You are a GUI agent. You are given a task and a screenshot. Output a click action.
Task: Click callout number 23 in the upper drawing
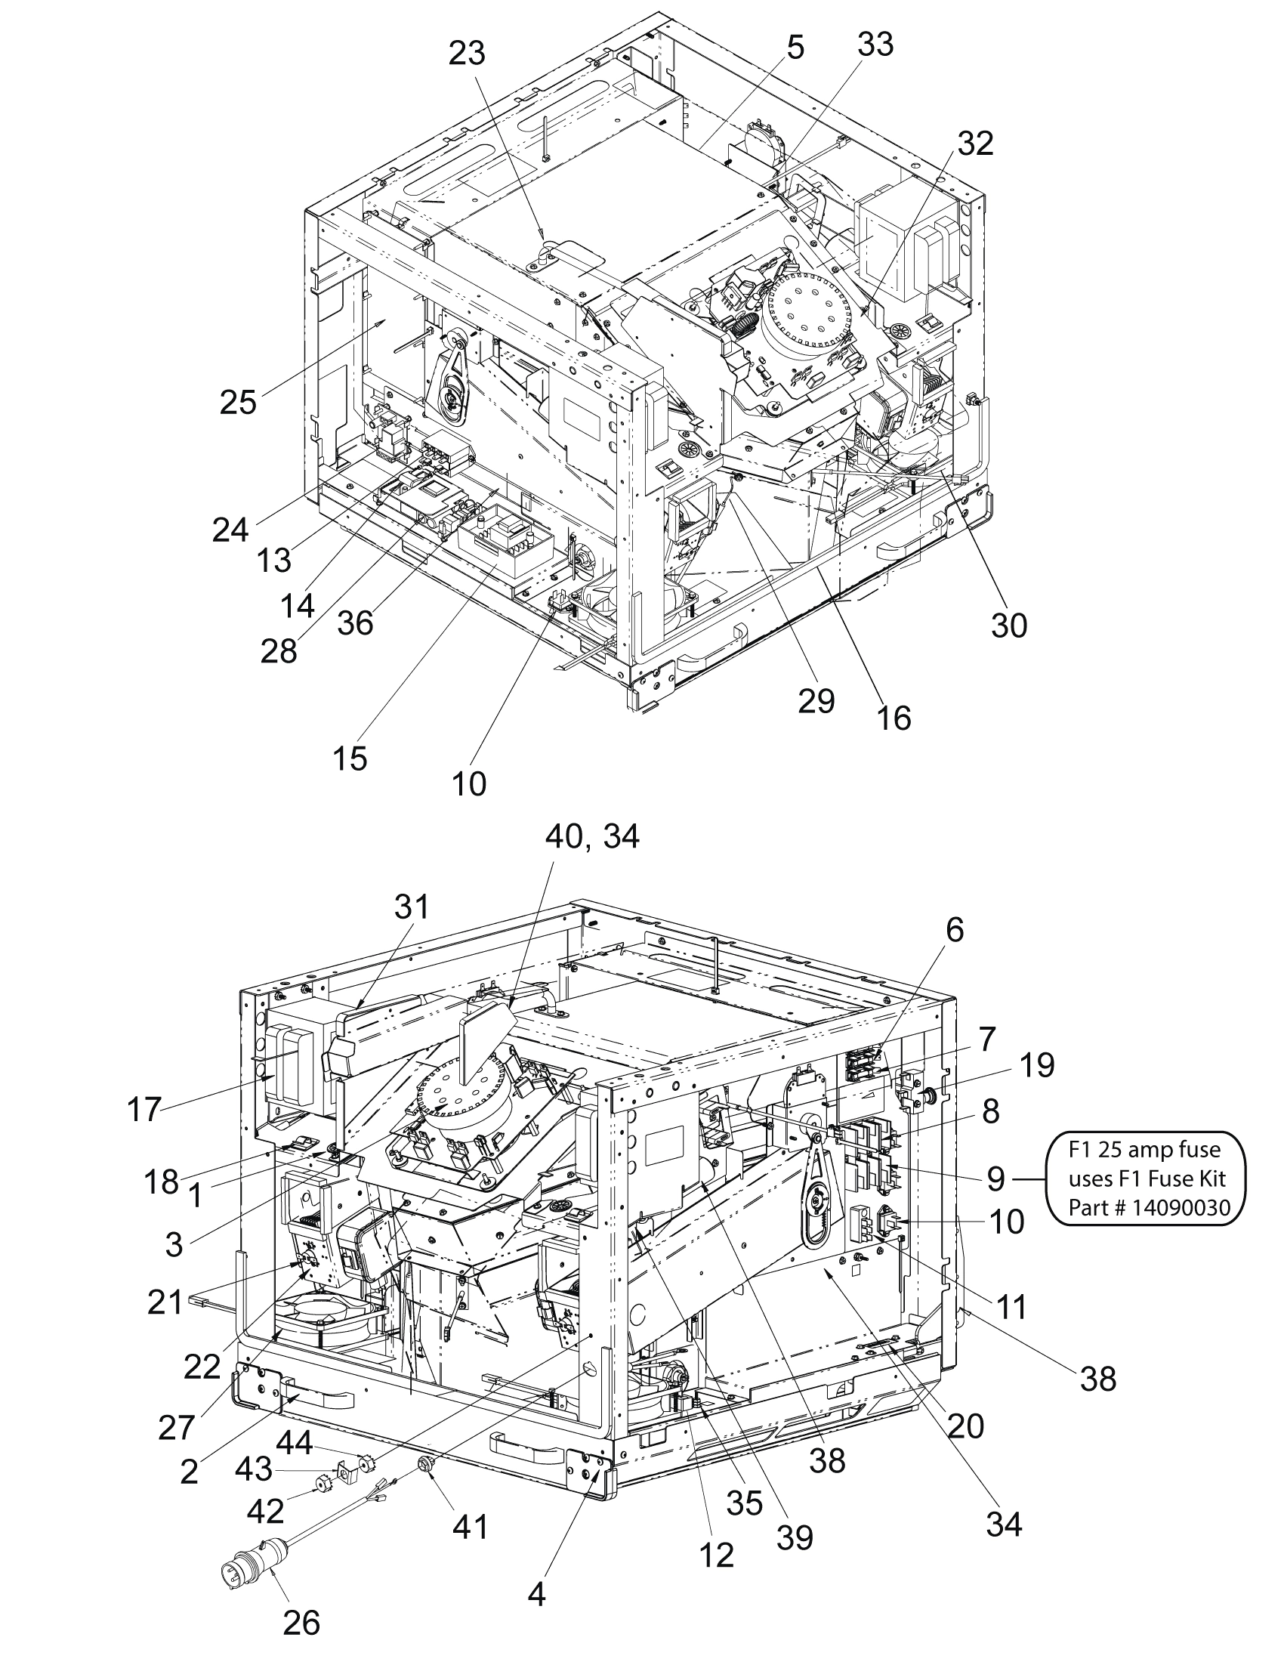click(467, 54)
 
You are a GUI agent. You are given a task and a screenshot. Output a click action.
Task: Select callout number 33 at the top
click(875, 44)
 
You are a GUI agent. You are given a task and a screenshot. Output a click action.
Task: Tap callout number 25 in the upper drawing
click(238, 401)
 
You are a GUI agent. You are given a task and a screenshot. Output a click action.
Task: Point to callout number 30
click(1008, 625)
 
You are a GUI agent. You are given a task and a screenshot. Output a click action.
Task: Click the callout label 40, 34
click(593, 837)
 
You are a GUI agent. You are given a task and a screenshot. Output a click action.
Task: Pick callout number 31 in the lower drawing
click(412, 907)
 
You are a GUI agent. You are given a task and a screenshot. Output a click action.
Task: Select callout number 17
click(144, 1109)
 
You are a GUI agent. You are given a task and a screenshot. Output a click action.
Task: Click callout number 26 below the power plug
click(301, 1623)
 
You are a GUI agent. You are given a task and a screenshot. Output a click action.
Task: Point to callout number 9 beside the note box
click(995, 1179)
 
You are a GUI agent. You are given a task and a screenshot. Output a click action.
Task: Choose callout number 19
click(1037, 1065)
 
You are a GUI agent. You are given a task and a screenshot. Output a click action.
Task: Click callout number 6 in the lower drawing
click(955, 930)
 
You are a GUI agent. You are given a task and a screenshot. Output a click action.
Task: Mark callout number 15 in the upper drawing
click(350, 757)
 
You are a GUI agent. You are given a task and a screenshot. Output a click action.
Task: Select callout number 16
click(894, 717)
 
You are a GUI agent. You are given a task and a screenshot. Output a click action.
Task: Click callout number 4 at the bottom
click(536, 1594)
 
